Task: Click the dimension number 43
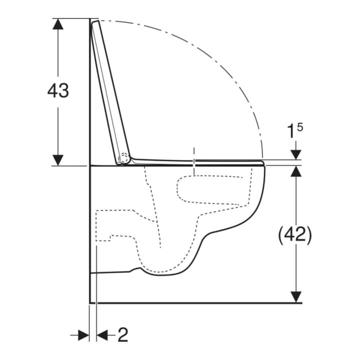click(58, 90)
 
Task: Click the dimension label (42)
click(295, 234)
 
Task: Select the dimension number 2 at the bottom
click(123, 335)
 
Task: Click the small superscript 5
click(300, 127)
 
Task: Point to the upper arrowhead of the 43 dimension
click(58, 23)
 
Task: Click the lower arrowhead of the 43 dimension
click(58, 160)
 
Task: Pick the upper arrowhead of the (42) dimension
click(296, 171)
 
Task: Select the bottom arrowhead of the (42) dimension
click(296, 297)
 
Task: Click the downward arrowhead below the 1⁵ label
click(296, 154)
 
